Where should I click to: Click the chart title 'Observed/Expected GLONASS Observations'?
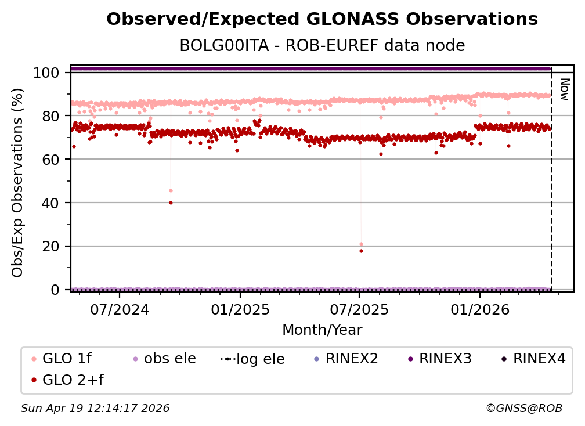click(x=322, y=19)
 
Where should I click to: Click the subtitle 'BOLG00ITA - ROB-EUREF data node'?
click(x=322, y=45)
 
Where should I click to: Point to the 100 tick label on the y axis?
click(x=46, y=73)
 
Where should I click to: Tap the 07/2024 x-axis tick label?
click(x=119, y=309)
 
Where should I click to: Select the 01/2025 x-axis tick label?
click(x=240, y=309)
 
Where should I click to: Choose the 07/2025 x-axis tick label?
click(x=359, y=309)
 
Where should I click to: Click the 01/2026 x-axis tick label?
click(x=479, y=309)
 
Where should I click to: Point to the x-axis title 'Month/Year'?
click(x=322, y=330)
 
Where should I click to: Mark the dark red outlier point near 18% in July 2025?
click(x=361, y=251)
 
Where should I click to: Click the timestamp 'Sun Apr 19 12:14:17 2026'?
click(x=95, y=409)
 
